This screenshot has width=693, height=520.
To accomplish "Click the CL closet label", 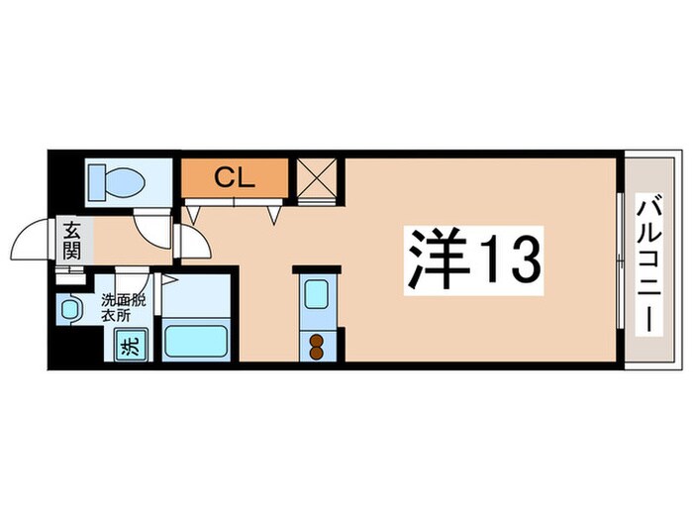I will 235,178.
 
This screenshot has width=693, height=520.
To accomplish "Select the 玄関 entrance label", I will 72,241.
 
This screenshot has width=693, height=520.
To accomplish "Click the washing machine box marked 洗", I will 129,347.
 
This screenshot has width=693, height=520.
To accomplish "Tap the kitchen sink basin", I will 317,296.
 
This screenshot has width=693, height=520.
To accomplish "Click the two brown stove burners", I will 318,345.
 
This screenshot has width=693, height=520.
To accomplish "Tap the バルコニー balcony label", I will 650,263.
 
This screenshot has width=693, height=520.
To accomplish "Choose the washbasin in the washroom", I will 69,310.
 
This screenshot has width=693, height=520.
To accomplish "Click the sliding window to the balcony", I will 620,262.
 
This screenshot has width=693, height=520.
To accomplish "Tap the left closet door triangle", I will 193,211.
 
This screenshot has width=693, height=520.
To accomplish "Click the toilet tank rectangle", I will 96,181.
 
